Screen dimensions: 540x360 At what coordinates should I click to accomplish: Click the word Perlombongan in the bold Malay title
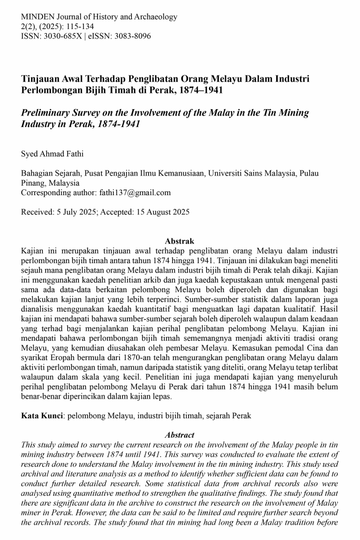[54, 90]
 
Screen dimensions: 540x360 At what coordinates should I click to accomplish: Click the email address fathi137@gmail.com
[135, 192]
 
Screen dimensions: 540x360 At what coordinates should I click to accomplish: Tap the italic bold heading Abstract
[180, 435]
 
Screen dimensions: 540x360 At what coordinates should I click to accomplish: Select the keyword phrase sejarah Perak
[228, 416]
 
